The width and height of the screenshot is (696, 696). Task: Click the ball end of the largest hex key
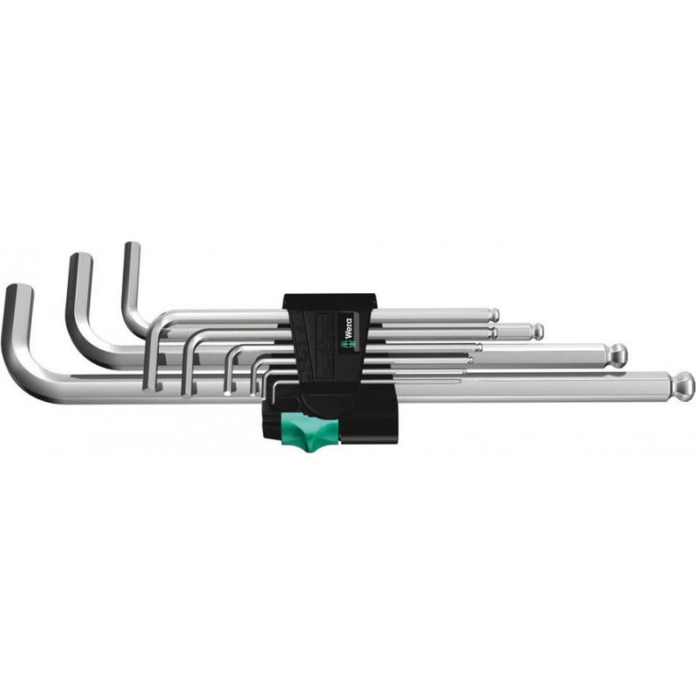click(x=682, y=383)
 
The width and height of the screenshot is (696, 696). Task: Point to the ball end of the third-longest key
click(x=538, y=331)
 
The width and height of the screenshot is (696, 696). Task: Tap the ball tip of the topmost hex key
click(x=493, y=313)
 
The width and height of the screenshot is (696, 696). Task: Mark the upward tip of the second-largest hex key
click(x=80, y=259)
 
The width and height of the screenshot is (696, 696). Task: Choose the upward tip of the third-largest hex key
click(x=131, y=249)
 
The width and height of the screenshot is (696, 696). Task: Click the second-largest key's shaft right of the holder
click(x=522, y=355)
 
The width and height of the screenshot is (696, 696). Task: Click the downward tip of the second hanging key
click(x=186, y=391)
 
